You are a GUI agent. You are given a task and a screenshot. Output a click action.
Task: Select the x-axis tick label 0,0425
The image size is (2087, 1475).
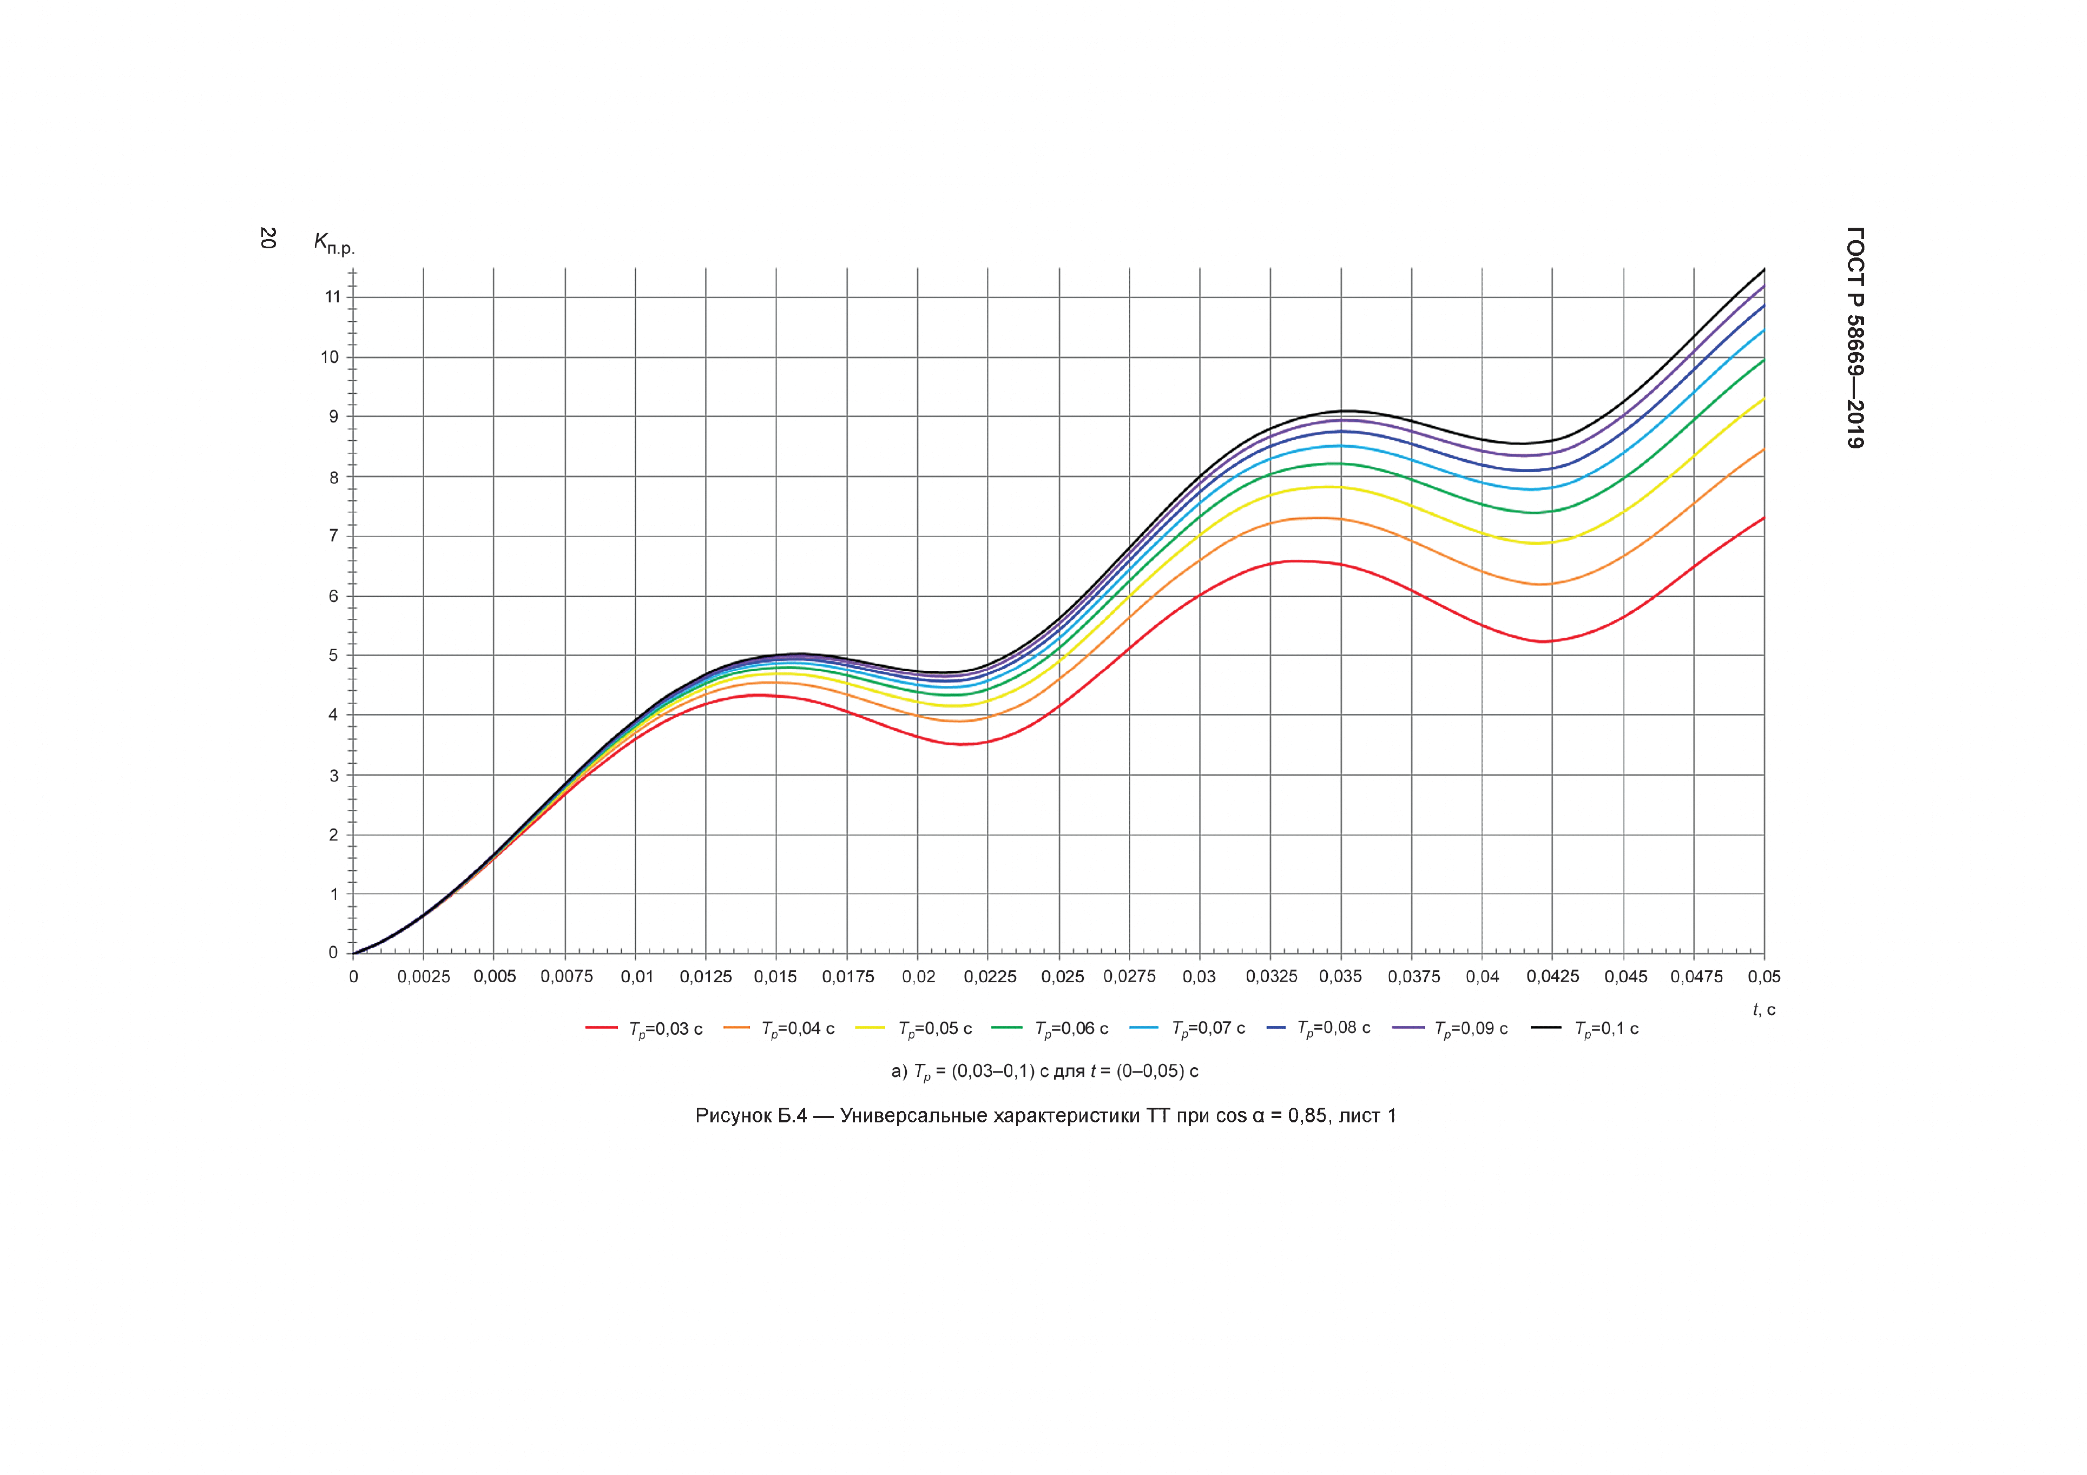(1552, 977)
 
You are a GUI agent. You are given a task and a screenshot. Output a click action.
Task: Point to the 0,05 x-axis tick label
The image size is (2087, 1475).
(1763, 977)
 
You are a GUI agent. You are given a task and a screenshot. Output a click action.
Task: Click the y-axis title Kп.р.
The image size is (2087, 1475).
(334, 243)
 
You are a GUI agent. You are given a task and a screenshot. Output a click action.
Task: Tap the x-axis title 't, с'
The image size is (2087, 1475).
(1763, 1010)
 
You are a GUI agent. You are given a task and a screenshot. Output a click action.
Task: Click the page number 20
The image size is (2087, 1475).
(267, 238)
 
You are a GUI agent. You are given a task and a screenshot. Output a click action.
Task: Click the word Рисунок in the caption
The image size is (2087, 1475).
(732, 1116)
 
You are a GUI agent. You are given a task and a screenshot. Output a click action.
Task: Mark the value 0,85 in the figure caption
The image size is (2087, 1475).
(1308, 1116)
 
